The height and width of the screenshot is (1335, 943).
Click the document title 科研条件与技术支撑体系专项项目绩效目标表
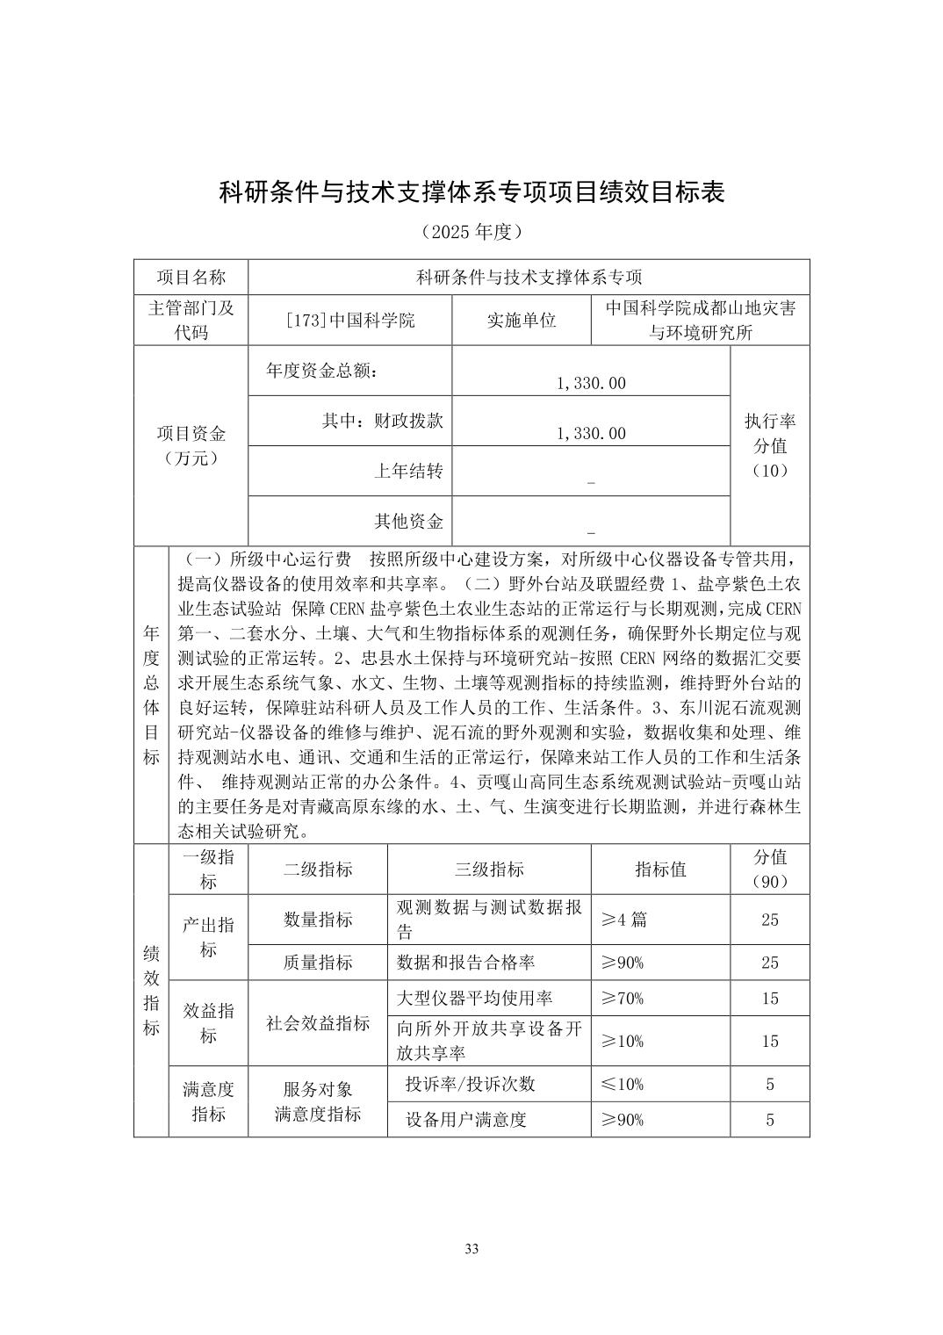471,191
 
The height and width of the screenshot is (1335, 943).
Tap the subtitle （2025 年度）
471,232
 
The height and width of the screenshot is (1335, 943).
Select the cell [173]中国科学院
350,321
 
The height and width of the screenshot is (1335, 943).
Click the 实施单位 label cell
522,321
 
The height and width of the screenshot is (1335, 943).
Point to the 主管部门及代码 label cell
191,320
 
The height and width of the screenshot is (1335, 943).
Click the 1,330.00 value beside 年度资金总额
591,383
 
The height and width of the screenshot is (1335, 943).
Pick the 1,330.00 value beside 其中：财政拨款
591,433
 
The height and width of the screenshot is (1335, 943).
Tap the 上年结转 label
408,472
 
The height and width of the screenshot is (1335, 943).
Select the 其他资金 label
408,522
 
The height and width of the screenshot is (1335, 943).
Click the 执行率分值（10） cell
770,445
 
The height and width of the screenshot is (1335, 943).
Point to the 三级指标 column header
489,870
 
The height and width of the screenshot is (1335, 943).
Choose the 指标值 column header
660,870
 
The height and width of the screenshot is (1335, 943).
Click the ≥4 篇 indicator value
624,920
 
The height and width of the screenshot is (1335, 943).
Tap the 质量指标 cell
318,963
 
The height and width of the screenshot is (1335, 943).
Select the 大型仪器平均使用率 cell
475,998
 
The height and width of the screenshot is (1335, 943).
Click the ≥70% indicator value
623,998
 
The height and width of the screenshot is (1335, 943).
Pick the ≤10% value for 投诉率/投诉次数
623,1084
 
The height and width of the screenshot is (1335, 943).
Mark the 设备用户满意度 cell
466,1120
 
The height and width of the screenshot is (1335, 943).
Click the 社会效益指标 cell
318,1023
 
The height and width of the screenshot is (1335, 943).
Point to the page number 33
471,1249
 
